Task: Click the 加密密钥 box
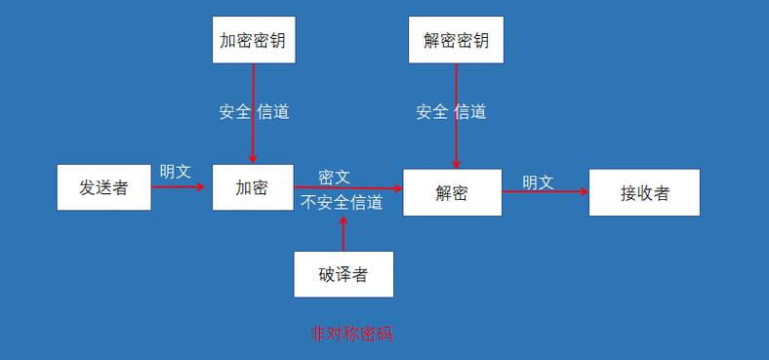click(x=254, y=40)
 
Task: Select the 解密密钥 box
click(x=456, y=40)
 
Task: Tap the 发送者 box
click(x=104, y=187)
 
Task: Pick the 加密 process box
click(x=252, y=187)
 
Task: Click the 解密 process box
click(x=452, y=192)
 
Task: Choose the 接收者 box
click(x=644, y=192)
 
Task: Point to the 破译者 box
click(x=344, y=274)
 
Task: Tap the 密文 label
click(x=334, y=177)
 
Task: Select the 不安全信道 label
click(x=342, y=202)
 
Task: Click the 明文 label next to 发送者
click(x=176, y=172)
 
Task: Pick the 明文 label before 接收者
click(x=538, y=181)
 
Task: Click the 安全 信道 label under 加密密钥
click(x=254, y=111)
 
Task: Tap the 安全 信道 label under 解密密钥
click(x=451, y=111)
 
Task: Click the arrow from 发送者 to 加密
click(x=182, y=186)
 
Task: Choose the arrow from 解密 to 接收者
click(x=546, y=191)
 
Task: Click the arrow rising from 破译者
click(x=343, y=234)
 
